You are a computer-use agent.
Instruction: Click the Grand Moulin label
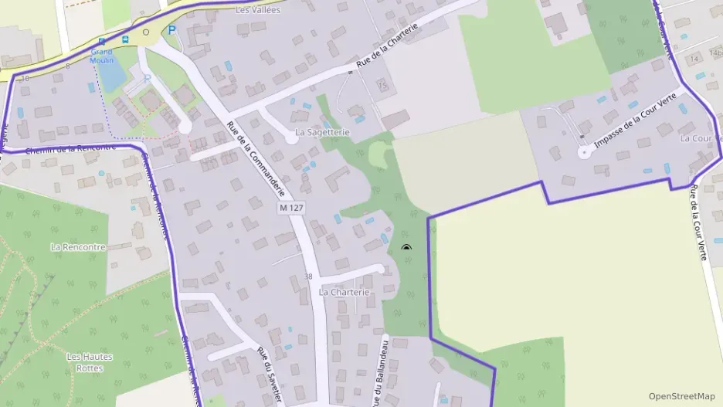pyautogui.click(x=102, y=56)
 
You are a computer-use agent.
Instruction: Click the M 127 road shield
pyautogui.click(x=290, y=209)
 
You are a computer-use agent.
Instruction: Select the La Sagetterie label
pyautogui.click(x=323, y=133)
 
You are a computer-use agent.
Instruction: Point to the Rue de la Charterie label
pyautogui.click(x=392, y=47)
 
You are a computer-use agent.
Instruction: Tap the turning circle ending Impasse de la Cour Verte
pyautogui.click(x=584, y=151)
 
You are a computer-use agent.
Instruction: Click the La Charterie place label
pyautogui.click(x=345, y=293)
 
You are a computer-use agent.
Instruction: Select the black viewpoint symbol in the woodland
pyautogui.click(x=406, y=248)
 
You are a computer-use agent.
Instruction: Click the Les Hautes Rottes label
pyautogui.click(x=90, y=362)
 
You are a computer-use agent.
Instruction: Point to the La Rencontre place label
pyautogui.click(x=77, y=247)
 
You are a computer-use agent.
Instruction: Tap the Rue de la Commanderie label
pyautogui.click(x=256, y=159)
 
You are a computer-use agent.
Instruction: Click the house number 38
pyautogui.click(x=309, y=276)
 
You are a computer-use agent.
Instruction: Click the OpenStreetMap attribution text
pyautogui.click(x=682, y=396)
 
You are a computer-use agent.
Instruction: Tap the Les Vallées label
pyautogui.click(x=258, y=10)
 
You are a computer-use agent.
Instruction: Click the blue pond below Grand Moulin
pyautogui.click(x=111, y=76)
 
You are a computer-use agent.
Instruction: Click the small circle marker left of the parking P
pyautogui.click(x=146, y=32)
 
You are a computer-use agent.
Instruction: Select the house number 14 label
pyautogui.click(x=694, y=59)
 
